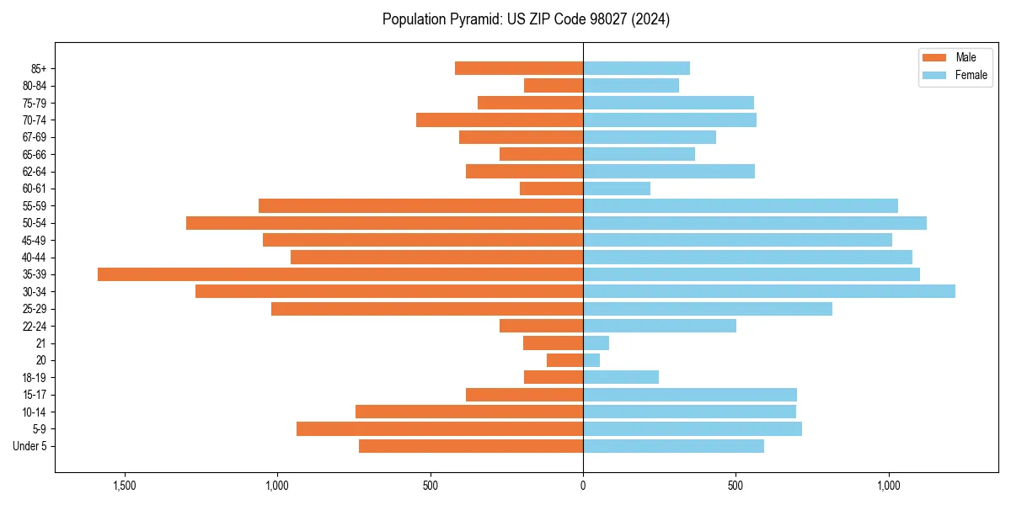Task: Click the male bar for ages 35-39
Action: [x=340, y=274]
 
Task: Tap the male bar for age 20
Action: [x=564, y=360]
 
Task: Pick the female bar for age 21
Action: [x=596, y=343]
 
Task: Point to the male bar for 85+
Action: [x=519, y=68]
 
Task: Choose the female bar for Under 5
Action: [x=673, y=446]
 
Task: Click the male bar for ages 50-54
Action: [x=384, y=223]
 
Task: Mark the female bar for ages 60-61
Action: [x=617, y=189]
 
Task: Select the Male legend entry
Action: [x=955, y=57]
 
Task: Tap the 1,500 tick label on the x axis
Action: [x=124, y=486]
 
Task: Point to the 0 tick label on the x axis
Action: [x=583, y=486]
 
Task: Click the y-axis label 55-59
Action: [x=35, y=205]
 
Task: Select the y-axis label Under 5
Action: [x=30, y=446]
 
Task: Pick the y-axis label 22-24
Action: [x=35, y=326]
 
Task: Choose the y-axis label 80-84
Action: [x=35, y=86]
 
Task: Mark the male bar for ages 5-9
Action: [x=440, y=428]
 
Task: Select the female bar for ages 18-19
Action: [x=621, y=377]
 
